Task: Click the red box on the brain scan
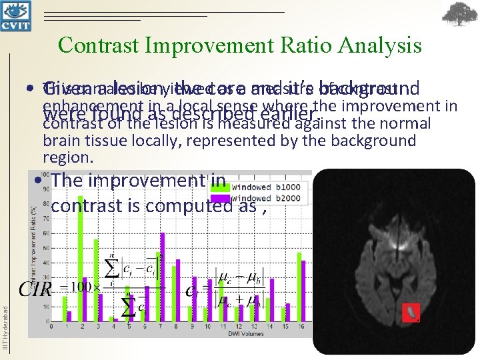[411, 312]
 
